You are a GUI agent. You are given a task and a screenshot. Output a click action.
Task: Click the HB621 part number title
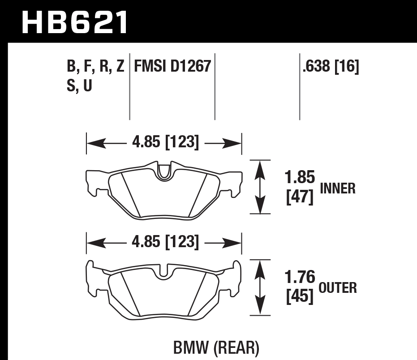[74, 22]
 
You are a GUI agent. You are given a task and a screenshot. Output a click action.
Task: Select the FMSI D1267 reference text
[172, 67]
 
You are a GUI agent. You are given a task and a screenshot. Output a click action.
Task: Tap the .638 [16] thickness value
[331, 67]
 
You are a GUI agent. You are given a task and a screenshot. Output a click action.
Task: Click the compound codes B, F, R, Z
[95, 67]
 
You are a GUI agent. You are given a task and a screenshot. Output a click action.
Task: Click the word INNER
[337, 189]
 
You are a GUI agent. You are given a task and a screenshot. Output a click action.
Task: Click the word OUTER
[337, 287]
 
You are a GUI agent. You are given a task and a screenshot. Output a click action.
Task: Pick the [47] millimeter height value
[300, 197]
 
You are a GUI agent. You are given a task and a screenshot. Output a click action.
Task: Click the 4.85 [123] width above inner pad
[164, 143]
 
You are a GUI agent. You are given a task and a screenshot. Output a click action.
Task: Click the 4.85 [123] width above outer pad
[164, 243]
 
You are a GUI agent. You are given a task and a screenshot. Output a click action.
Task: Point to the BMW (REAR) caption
[215, 347]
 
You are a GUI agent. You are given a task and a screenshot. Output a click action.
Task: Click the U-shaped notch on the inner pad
[165, 171]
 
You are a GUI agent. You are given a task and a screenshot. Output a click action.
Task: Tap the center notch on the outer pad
[165, 270]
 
